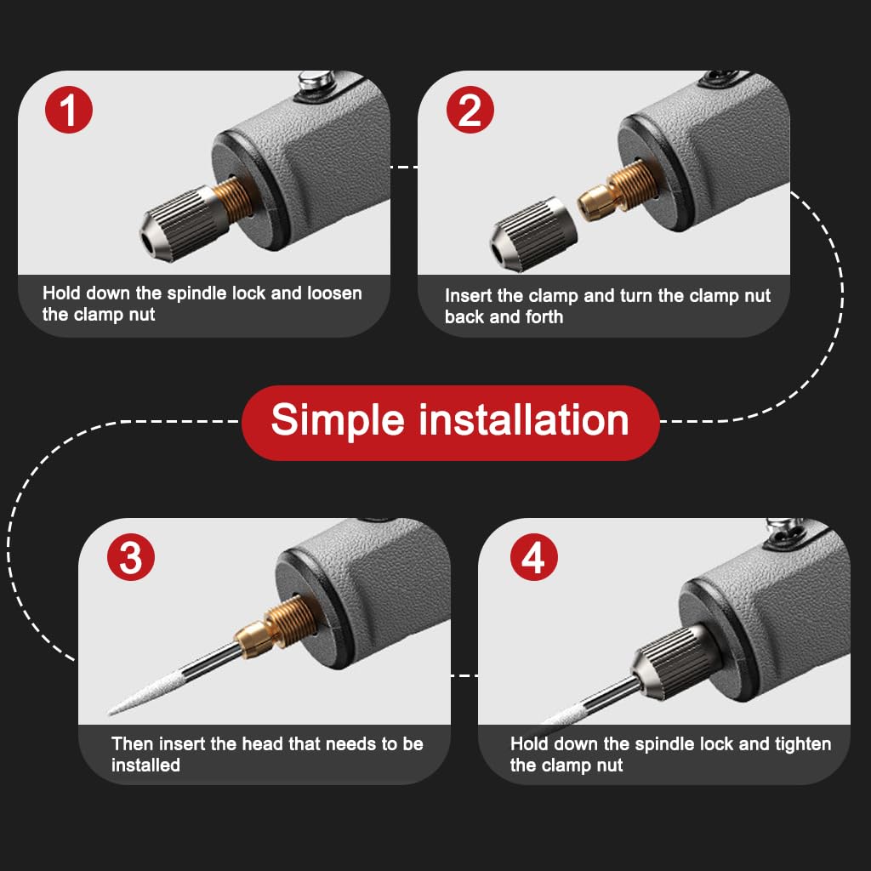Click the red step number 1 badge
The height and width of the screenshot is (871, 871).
(x=68, y=110)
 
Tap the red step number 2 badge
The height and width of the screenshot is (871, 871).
(x=470, y=111)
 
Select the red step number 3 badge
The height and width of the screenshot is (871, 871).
(x=130, y=558)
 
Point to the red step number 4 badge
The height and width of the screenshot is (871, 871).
(x=533, y=558)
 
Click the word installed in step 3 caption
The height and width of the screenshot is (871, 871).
(x=145, y=765)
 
